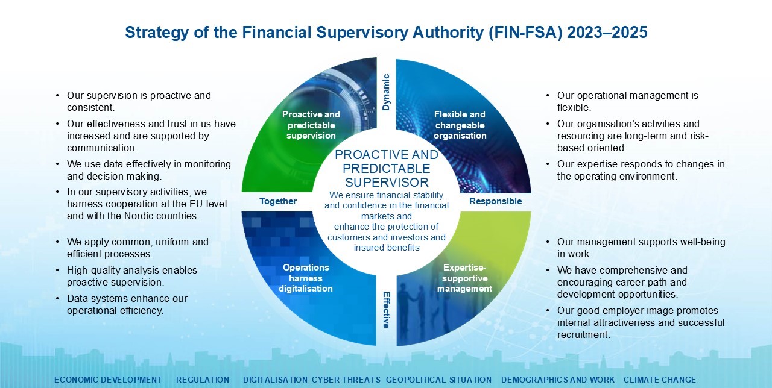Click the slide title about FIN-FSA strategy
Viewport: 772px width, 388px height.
pyautogui.click(x=386, y=33)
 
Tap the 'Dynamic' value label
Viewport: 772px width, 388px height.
pyautogui.click(x=386, y=93)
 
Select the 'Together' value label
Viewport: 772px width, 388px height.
pyautogui.click(x=278, y=201)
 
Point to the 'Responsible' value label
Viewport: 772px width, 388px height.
pyautogui.click(x=495, y=201)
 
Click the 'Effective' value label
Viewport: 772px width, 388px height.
pyautogui.click(x=386, y=310)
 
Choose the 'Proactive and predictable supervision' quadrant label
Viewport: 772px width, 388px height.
pyautogui.click(x=311, y=125)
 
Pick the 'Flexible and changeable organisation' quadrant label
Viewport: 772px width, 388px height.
pyautogui.click(x=460, y=125)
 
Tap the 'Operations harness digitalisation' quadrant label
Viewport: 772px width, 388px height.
pyautogui.click(x=306, y=278)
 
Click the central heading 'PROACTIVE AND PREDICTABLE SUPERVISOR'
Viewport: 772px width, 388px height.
pyautogui.click(x=387, y=169)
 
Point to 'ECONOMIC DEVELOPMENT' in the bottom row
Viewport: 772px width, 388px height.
pyautogui.click(x=108, y=380)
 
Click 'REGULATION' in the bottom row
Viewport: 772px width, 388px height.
pyautogui.click(x=203, y=380)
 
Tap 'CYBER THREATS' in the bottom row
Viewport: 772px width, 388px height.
pyautogui.click(x=346, y=380)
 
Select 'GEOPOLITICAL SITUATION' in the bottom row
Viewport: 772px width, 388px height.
pyautogui.click(x=438, y=380)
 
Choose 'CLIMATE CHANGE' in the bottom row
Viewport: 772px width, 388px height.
pyautogui.click(x=659, y=380)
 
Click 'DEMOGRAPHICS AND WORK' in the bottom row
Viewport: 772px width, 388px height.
pyautogui.click(x=558, y=380)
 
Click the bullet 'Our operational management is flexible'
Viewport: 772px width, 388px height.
pyautogui.click(x=627, y=101)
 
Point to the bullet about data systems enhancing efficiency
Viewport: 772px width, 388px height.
pyautogui.click(x=127, y=305)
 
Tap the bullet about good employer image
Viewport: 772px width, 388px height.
pyautogui.click(x=641, y=322)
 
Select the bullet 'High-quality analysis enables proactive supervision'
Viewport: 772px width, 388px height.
pyautogui.click(x=131, y=276)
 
